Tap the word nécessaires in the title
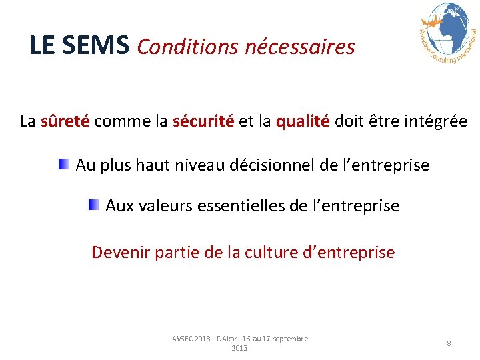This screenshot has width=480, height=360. [300, 47]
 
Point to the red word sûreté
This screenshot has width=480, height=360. [65, 121]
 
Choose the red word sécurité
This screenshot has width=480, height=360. [203, 121]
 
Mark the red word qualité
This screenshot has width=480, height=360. [303, 121]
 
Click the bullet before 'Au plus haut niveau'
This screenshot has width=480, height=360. [63, 163]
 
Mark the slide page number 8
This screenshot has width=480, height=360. [449, 343]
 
